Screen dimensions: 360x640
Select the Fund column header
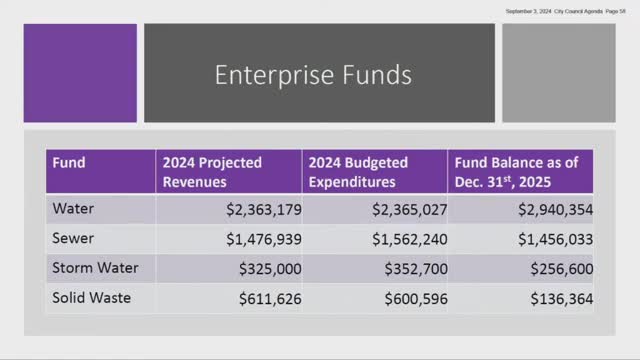[70, 162]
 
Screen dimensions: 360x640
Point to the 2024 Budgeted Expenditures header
[359, 172]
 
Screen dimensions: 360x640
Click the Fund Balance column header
[510, 172]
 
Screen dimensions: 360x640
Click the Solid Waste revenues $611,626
[268, 298]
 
